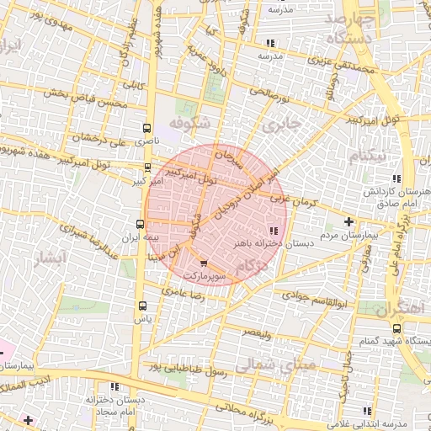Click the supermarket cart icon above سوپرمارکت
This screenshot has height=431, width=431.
coord(202,263)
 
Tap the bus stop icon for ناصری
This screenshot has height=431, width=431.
coord(147,130)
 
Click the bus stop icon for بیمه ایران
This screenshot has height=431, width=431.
coord(141,224)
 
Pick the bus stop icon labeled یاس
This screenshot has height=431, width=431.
coord(141,306)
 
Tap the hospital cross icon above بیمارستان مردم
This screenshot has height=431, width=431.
coord(349,221)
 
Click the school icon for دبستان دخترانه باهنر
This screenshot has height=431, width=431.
coord(272,231)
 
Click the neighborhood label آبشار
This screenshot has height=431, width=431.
coord(47,258)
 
